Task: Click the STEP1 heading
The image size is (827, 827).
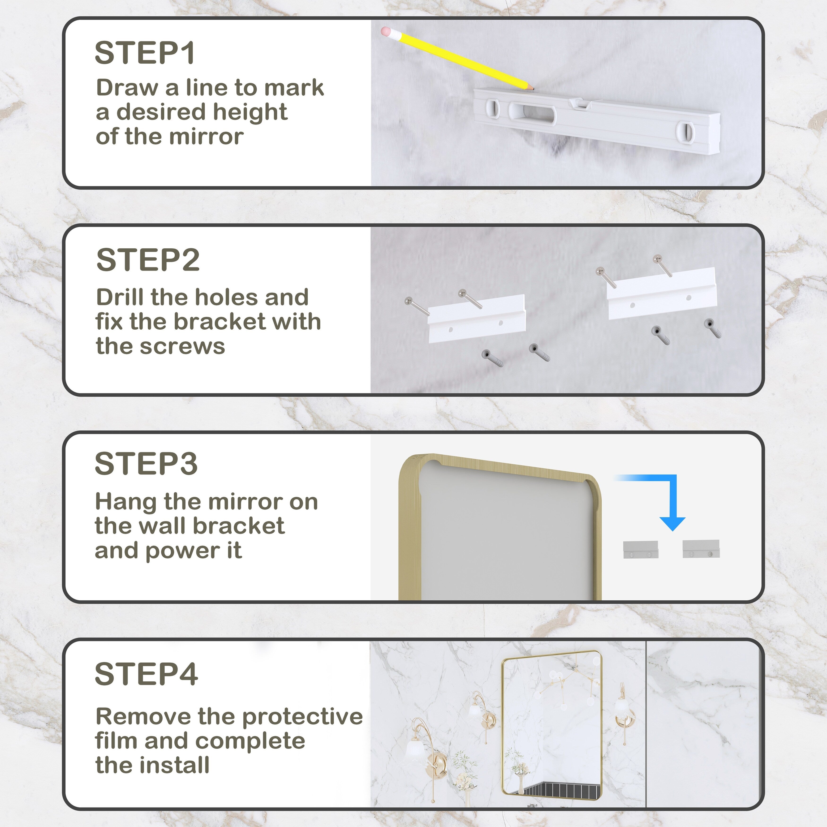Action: (x=145, y=53)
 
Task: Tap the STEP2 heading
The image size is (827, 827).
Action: (x=148, y=260)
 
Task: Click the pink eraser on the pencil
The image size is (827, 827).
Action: (x=386, y=32)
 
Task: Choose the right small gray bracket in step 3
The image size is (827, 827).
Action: (x=701, y=549)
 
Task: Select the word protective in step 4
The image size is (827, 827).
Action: (x=302, y=717)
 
